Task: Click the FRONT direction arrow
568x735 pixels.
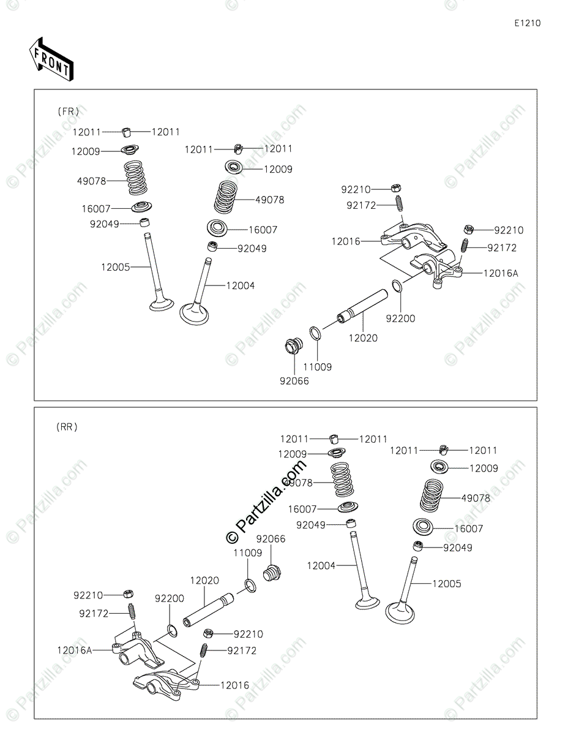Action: point(51,59)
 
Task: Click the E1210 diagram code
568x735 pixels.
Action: point(527,23)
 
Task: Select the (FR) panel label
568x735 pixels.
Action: point(68,111)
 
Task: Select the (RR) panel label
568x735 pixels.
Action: point(67,427)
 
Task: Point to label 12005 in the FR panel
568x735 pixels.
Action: point(115,266)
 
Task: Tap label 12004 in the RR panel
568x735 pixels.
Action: point(321,566)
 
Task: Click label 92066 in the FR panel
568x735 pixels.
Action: point(294,381)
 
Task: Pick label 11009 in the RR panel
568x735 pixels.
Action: point(247,552)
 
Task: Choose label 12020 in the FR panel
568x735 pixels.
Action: point(363,337)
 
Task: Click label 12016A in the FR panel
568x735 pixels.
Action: point(501,273)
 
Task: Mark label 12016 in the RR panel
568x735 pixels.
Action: point(234,685)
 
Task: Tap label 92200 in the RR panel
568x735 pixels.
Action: point(169,598)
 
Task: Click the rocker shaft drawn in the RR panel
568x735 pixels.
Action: point(208,612)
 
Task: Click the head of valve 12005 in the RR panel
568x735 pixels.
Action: point(401,612)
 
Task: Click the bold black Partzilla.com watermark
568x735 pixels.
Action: point(267,502)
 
